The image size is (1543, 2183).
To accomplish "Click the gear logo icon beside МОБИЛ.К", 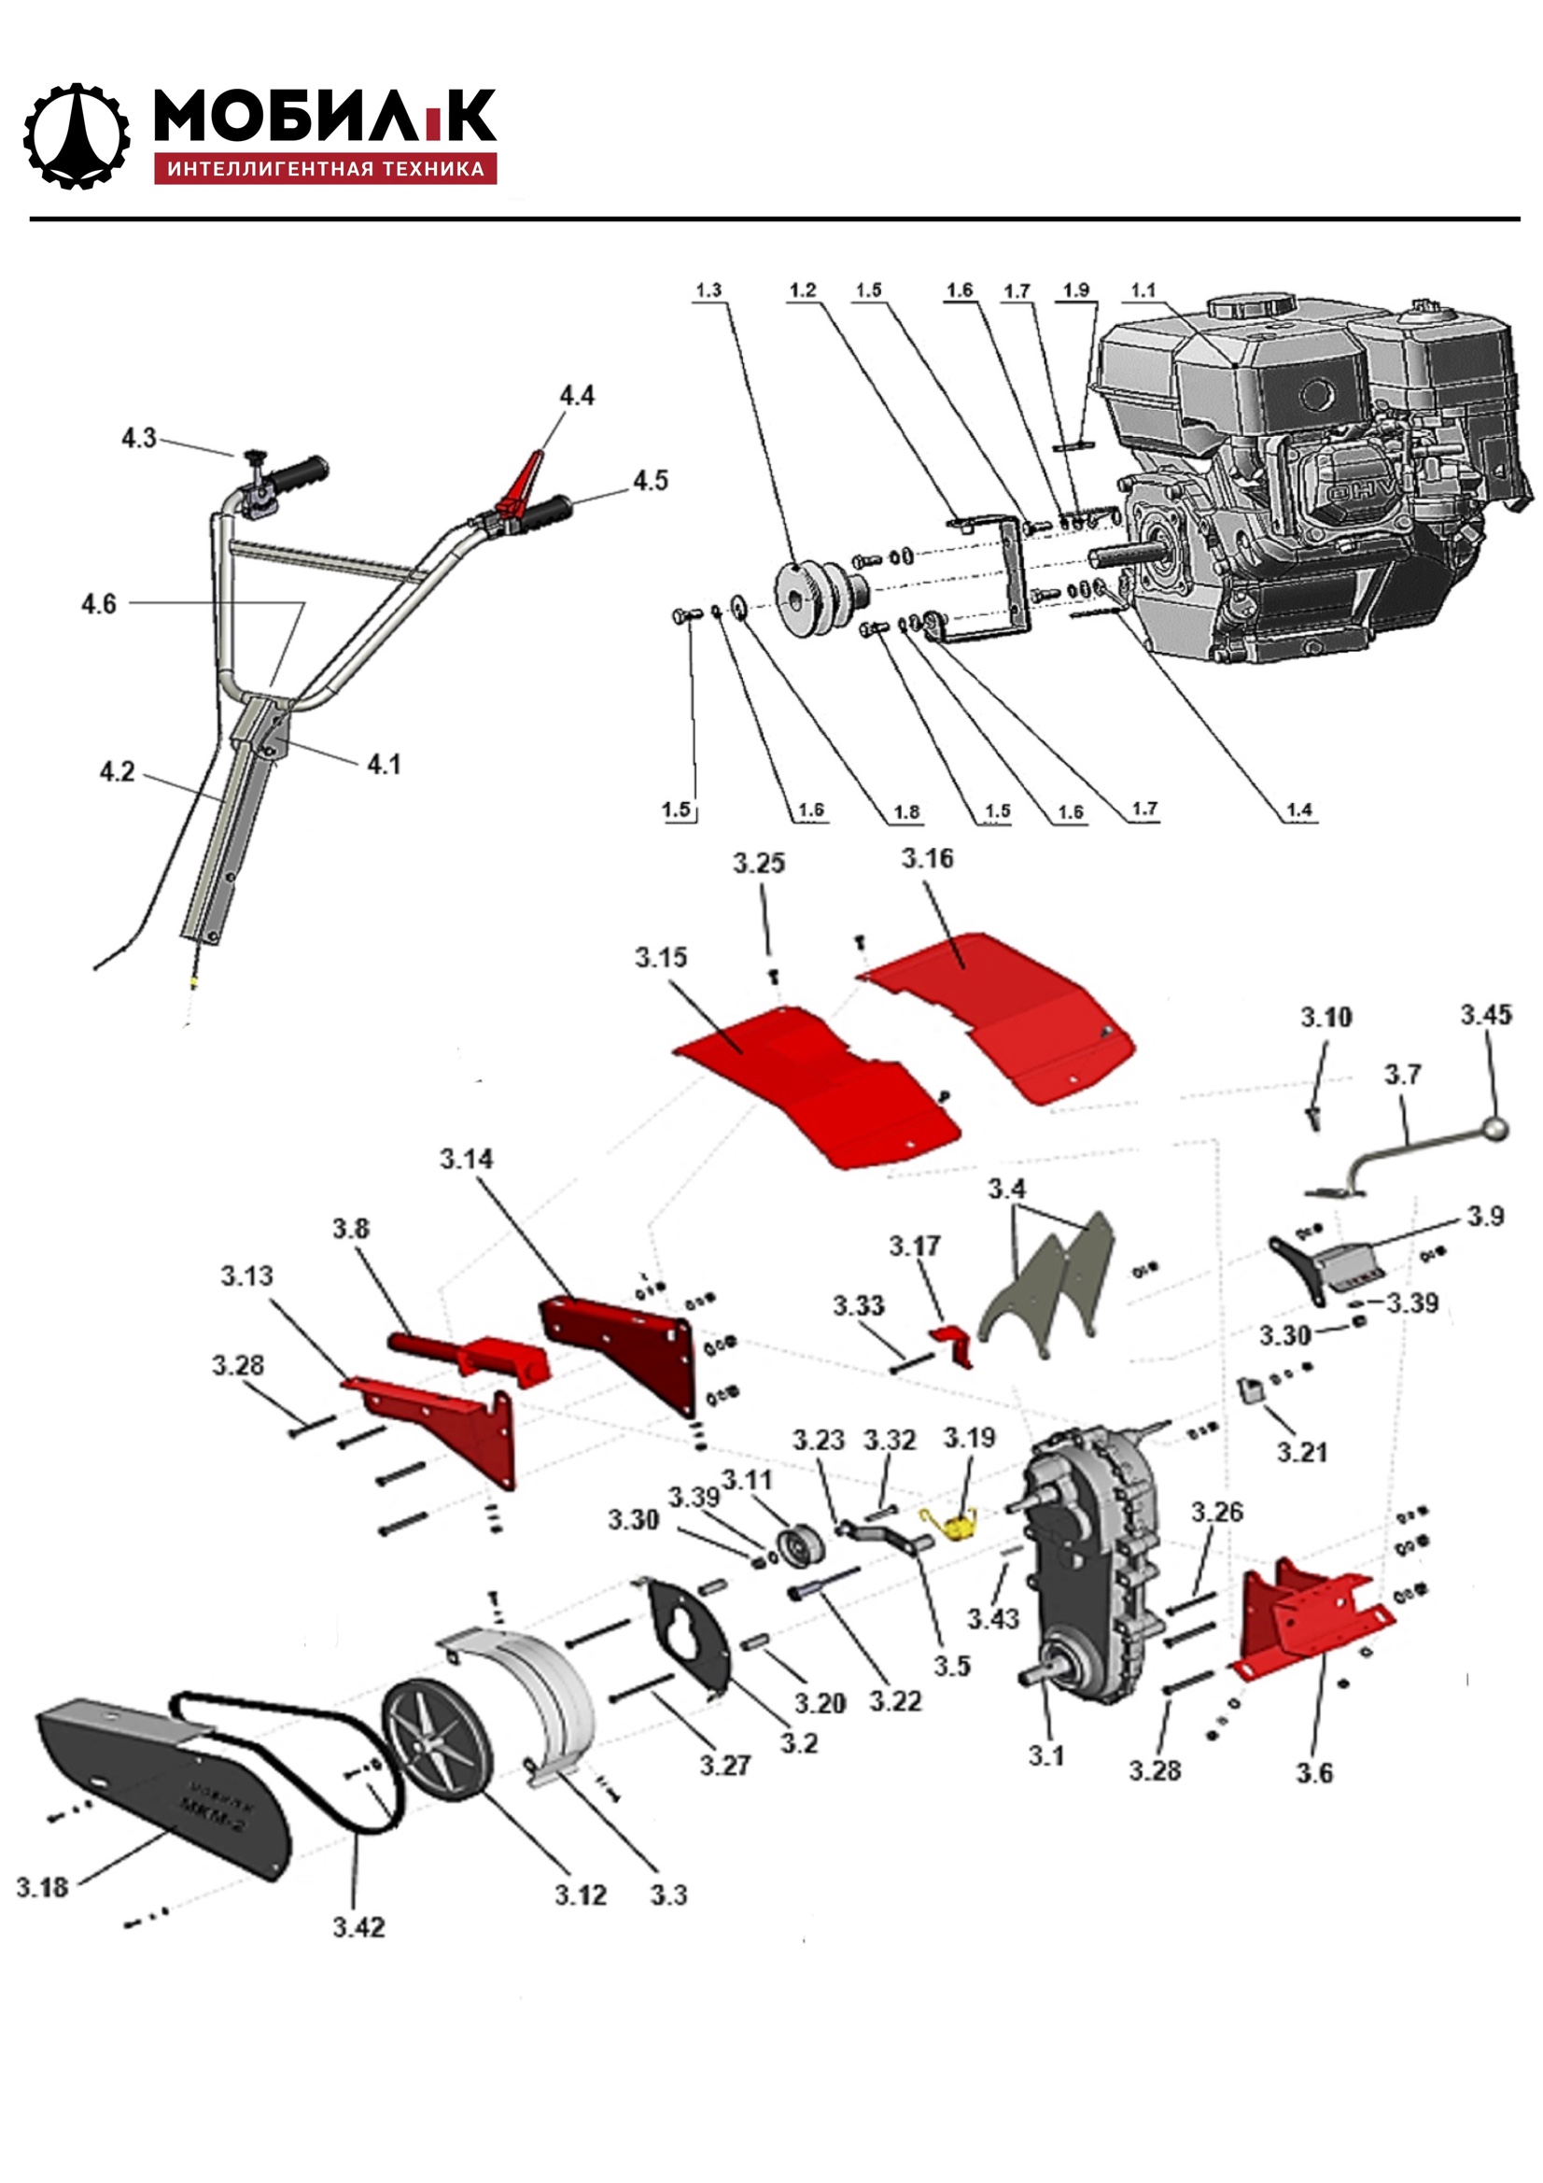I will [x=76, y=136].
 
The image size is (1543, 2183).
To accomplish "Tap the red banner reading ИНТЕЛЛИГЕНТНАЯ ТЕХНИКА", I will [x=325, y=169].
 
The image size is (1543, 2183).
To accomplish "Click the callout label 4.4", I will [x=576, y=396].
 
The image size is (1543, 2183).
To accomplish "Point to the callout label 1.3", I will [x=708, y=290].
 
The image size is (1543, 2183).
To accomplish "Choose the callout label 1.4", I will [x=1298, y=810].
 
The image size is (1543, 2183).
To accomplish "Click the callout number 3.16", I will [x=927, y=859].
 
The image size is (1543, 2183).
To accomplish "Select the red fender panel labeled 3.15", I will [x=818, y=1084].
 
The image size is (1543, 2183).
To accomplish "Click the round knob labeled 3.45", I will [x=1498, y=1129].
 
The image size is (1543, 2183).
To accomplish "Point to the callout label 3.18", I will [x=43, y=1887].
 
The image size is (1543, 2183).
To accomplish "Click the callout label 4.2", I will [x=118, y=772].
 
